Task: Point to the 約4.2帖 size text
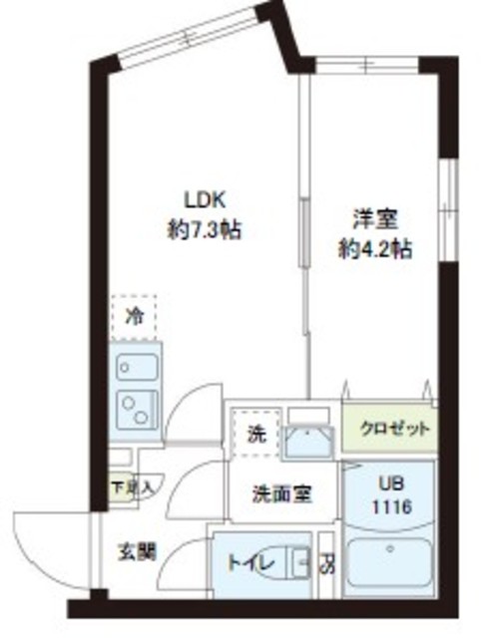click(374, 247)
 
